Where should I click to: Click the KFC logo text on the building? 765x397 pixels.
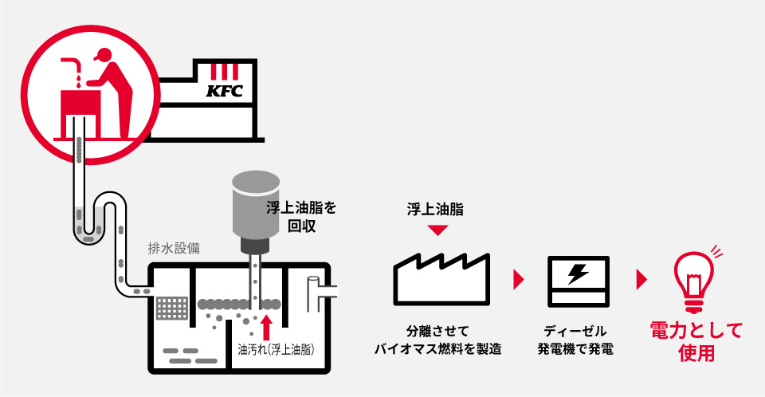[224, 90]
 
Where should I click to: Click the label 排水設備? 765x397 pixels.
[174, 248]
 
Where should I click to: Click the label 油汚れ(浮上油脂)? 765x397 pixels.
[275, 349]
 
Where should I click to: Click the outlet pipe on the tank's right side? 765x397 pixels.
[322, 283]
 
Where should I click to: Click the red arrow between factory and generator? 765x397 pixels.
[520, 280]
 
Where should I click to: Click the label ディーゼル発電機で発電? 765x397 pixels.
[575, 340]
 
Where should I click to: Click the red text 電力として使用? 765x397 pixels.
[696, 341]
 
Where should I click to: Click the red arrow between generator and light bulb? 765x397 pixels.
[641, 280]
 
